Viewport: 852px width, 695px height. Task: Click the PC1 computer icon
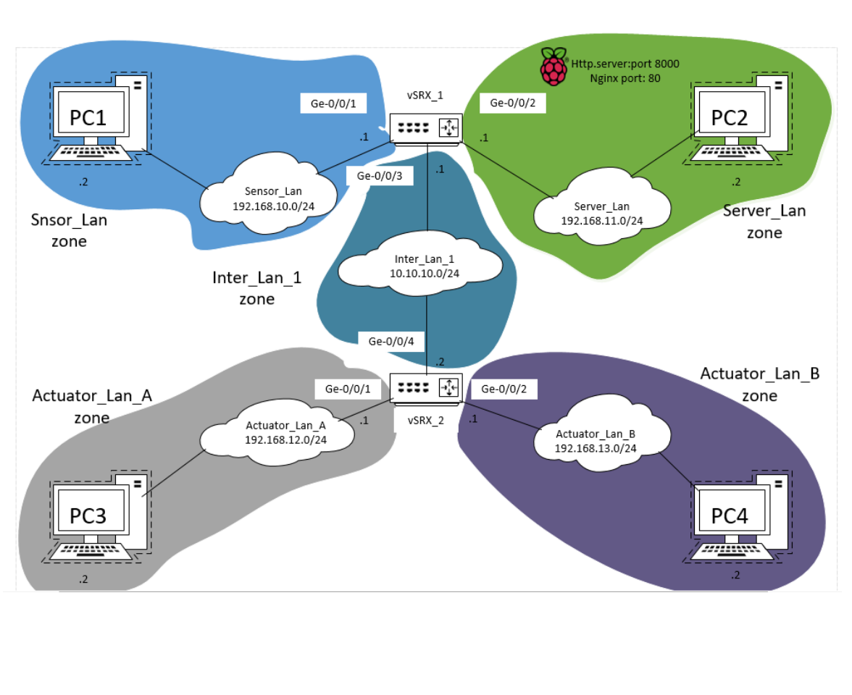99,119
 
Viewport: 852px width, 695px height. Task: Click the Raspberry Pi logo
554,67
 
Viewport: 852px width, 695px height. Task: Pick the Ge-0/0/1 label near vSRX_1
333,104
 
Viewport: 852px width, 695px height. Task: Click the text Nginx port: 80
625,78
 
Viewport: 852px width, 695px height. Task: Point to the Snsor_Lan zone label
69,229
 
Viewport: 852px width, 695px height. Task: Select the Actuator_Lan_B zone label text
759,384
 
